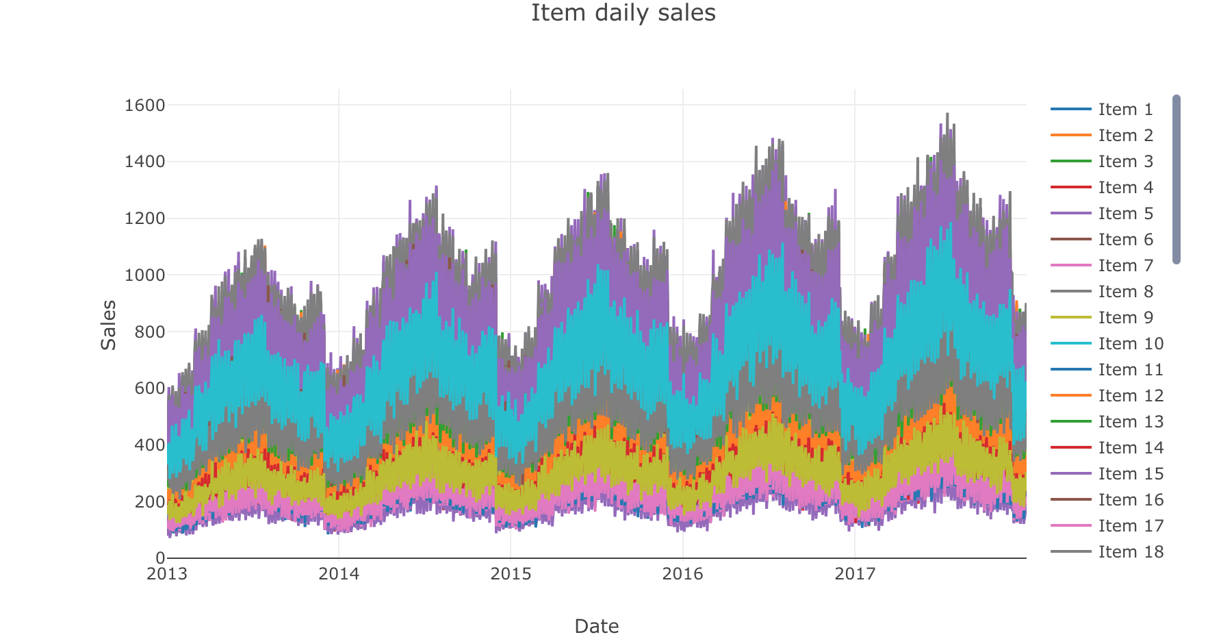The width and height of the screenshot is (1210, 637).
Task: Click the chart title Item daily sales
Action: pos(623,13)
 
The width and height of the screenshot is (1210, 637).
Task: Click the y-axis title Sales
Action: pos(109,325)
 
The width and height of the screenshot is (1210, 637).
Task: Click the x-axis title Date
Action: pos(596,626)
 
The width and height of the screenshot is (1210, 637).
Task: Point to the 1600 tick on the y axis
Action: pos(145,105)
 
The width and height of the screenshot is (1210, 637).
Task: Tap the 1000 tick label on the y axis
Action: pos(145,275)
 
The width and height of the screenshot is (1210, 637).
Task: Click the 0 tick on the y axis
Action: pos(160,558)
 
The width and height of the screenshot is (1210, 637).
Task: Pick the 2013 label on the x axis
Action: pos(167,574)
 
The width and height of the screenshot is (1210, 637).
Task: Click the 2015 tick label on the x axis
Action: pos(511,574)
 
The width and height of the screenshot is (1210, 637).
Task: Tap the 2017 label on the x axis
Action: pos(855,574)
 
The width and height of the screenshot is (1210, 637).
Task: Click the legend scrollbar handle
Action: pos(1176,179)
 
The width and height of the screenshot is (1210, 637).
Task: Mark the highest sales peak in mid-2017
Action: pos(947,114)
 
